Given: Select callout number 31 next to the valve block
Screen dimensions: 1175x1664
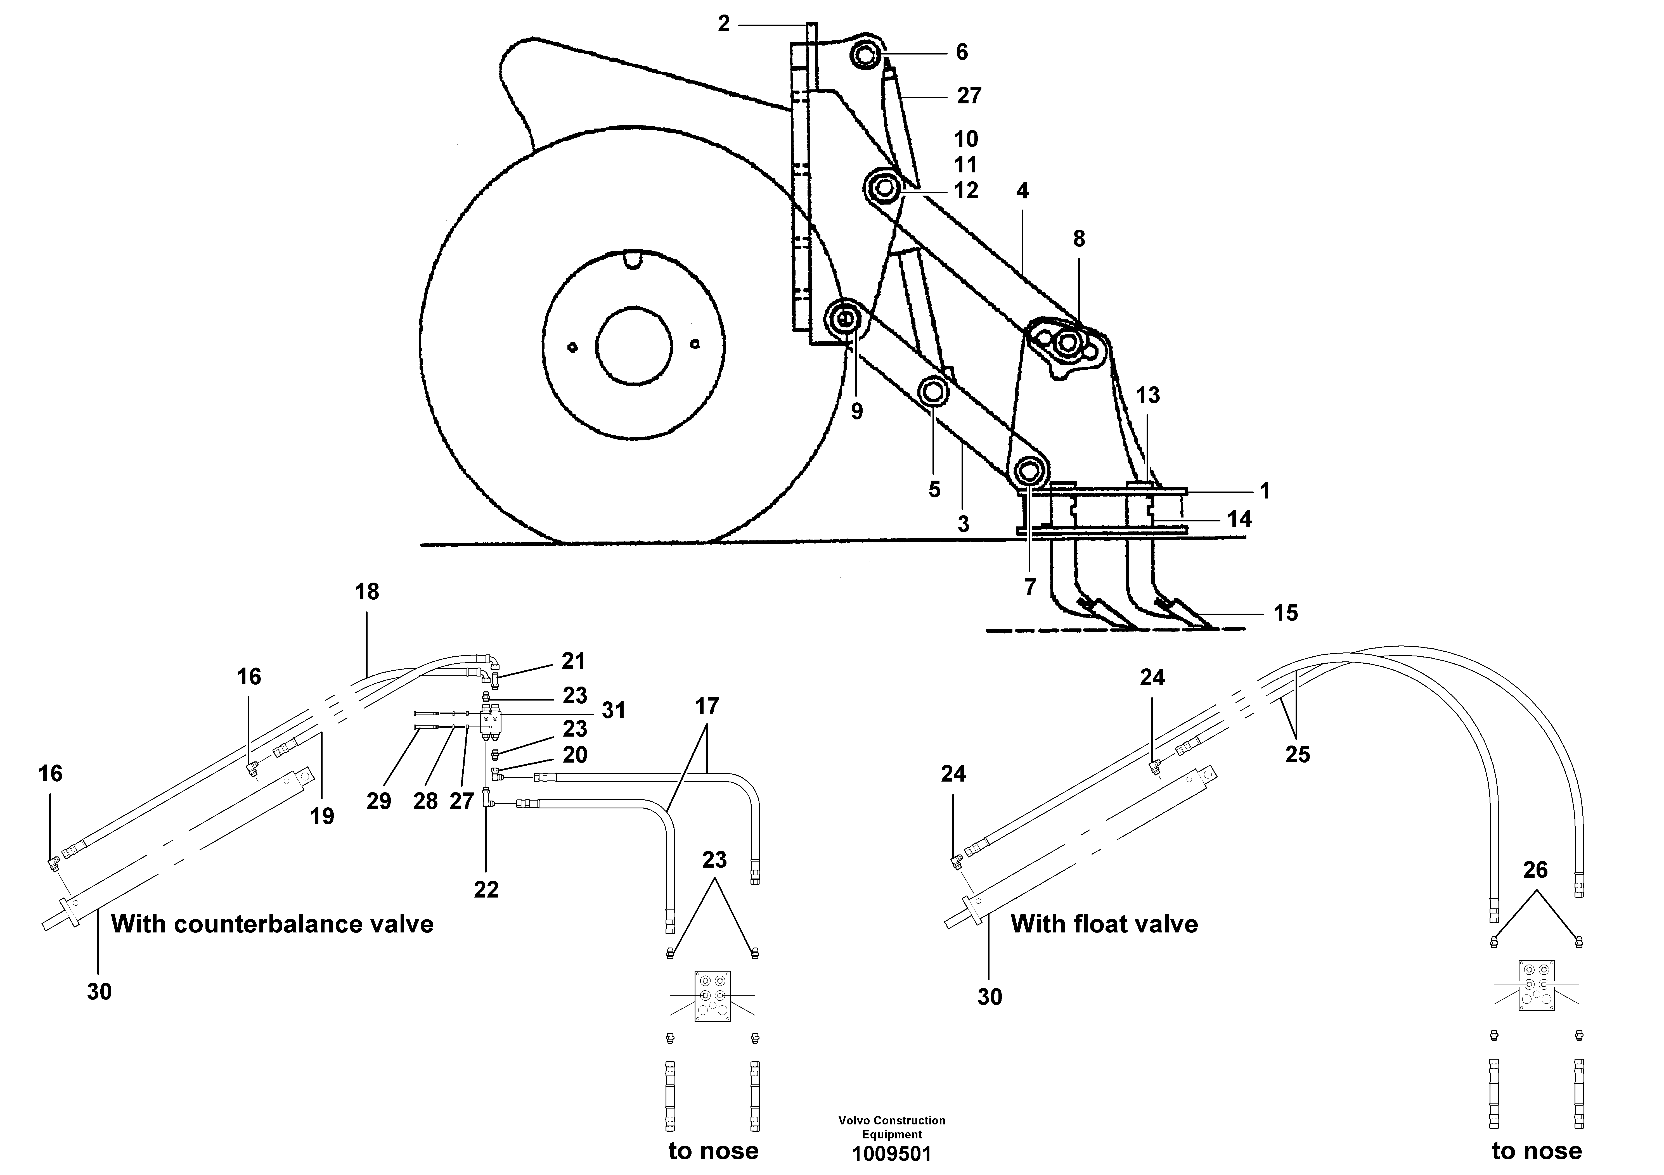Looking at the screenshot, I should click(x=613, y=711).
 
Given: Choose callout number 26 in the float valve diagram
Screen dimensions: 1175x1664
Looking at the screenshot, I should click(x=1535, y=870).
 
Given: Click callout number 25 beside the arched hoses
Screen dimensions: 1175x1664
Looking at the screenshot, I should click(x=1297, y=755).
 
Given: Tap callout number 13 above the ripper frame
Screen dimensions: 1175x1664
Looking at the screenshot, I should click(x=1147, y=395).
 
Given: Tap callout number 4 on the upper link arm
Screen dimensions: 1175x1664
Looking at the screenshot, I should click(x=1022, y=191).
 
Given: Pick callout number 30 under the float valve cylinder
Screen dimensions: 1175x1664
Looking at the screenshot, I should click(x=989, y=998).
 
